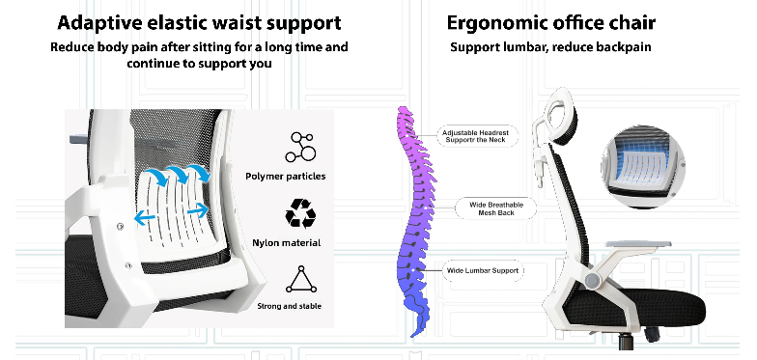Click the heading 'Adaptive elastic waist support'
click(199, 23)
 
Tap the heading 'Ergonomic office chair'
click(550, 23)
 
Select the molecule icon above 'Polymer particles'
click(300, 147)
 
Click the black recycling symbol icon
click(300, 212)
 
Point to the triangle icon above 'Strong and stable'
click(301, 280)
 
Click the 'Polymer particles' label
click(286, 176)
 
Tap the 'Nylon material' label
click(286, 243)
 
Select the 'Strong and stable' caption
click(290, 306)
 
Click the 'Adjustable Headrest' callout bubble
click(475, 136)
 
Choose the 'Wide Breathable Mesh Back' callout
click(496, 208)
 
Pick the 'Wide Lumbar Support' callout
click(483, 270)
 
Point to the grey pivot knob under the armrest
click(593, 280)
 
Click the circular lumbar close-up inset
click(643, 166)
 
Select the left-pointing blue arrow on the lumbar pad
click(145, 217)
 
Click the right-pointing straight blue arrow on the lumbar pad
click(197, 210)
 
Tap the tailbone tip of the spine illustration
click(413, 334)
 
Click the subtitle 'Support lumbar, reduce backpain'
click(550, 47)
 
